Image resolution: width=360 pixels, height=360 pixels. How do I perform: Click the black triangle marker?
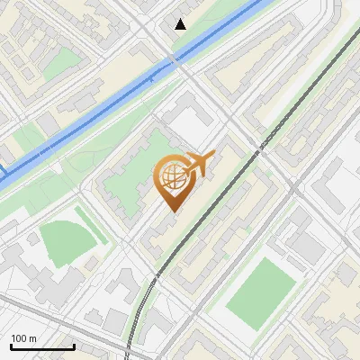point(181,23)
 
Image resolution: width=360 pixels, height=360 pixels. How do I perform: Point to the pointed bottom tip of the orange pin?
point(171,211)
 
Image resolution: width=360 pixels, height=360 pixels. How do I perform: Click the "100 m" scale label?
point(23,338)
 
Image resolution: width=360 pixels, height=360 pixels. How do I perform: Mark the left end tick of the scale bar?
point(10,346)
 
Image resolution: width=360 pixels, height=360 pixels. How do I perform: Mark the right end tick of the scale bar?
point(73,346)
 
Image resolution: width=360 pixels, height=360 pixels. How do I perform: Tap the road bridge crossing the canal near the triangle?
point(171,60)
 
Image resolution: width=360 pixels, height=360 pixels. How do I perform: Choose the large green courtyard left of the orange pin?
point(126,175)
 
